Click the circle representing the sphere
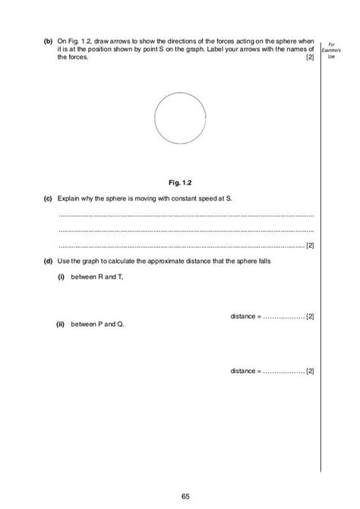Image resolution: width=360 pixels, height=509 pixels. coord(180,121)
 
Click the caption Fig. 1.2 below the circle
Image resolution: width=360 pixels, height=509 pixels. coord(179,182)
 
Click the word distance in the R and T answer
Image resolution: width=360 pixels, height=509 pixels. coord(244,315)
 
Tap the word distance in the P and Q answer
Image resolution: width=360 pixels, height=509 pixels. coord(244,371)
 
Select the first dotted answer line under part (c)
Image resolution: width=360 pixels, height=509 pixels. coord(185,216)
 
